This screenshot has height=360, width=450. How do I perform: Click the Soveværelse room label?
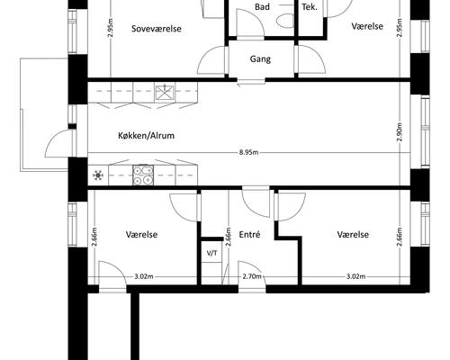tap(157, 29)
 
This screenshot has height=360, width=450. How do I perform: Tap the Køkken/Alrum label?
tap(146, 136)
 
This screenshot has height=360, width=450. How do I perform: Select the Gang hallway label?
tap(260, 59)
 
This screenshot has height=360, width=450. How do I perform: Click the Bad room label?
tap(262, 6)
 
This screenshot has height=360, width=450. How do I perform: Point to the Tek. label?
tap(310, 7)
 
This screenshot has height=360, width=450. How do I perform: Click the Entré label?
tap(249, 234)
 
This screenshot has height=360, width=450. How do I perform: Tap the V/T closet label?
tap(212, 253)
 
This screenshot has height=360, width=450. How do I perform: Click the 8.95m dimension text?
tap(248, 152)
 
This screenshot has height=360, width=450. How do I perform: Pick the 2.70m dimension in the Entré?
tap(252, 276)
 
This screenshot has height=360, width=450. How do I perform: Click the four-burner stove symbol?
tap(143, 175)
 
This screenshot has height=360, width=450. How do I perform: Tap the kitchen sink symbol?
tap(164, 93)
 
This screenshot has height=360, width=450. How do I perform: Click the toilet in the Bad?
tap(284, 21)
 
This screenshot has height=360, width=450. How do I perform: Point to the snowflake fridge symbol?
tap(98, 175)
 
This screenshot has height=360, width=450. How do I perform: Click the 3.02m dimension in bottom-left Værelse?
tap(144, 276)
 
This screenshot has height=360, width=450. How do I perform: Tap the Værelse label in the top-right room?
tap(367, 26)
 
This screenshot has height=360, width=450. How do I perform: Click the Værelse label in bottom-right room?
tap(353, 234)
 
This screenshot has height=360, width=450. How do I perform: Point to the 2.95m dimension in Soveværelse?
tap(111, 28)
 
